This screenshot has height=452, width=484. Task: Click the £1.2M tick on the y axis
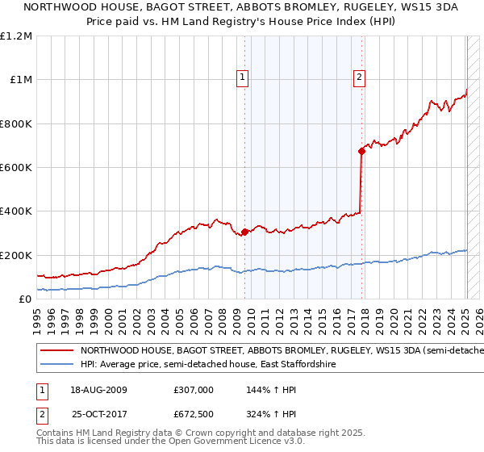[16, 36]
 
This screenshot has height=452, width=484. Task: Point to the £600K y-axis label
[16, 168]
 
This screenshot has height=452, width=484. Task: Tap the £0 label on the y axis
[24, 299]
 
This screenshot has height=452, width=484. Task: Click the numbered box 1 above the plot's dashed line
[243, 78]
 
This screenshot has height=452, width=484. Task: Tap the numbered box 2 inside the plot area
[359, 78]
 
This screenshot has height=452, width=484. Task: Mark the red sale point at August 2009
[244, 232]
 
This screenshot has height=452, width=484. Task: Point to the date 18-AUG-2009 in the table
[99, 389]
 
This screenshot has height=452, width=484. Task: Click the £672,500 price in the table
[193, 414]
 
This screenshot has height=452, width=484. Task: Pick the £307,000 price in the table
[193, 389]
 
